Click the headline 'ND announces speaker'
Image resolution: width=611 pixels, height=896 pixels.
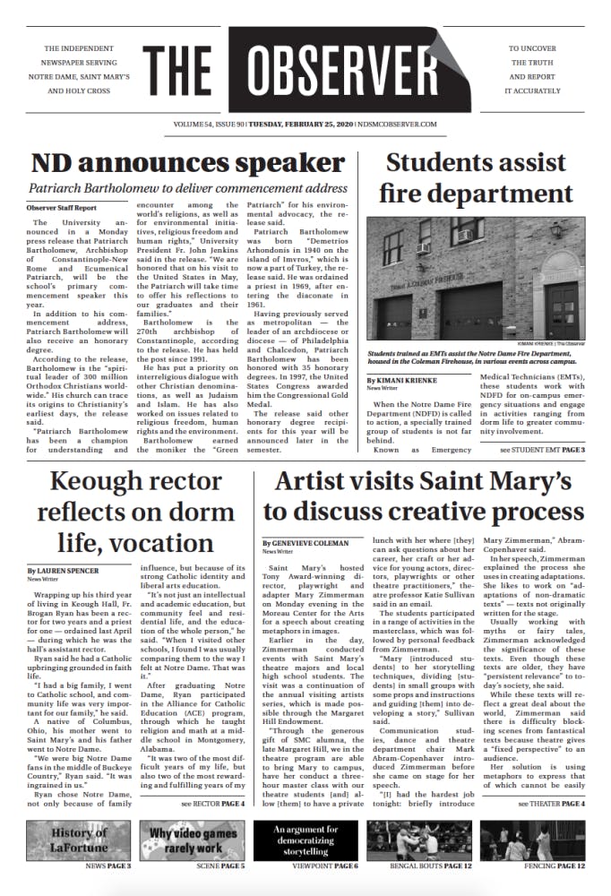(x=176, y=163)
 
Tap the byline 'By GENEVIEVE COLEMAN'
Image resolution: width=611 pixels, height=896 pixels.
(x=305, y=544)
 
